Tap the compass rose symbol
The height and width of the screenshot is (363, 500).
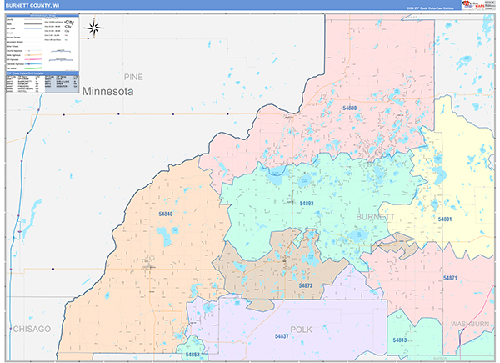tap(94, 29)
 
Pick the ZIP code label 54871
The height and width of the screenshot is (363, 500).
tap(451, 277)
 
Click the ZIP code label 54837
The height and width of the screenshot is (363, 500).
tap(282, 335)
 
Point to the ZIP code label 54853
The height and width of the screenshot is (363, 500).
tap(193, 355)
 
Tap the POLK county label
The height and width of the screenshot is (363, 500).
tap(301, 330)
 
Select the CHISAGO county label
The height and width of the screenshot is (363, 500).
tap(31, 329)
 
